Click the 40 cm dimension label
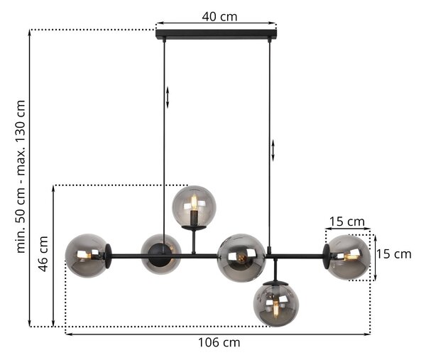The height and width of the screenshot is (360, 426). point(219,16)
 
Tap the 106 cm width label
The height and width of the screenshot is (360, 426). point(219,342)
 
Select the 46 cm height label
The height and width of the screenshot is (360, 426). point(43,253)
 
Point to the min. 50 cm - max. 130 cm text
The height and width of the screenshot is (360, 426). point(21,177)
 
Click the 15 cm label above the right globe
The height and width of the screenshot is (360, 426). point(347,222)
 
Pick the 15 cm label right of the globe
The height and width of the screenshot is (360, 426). point(393,254)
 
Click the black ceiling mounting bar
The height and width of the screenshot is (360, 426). point(217,34)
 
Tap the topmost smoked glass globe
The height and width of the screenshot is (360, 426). point(195,206)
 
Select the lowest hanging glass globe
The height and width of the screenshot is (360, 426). point(276,304)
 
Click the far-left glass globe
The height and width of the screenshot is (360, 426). point(87,256)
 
